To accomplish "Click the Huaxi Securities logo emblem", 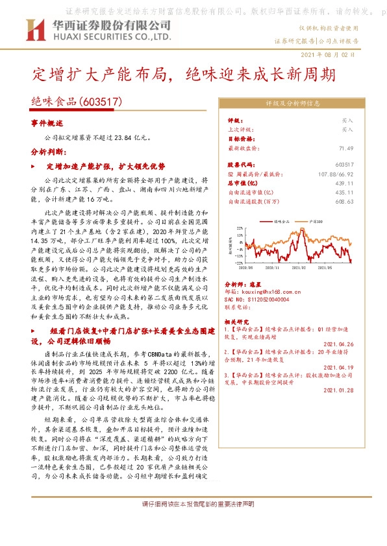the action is [32, 29].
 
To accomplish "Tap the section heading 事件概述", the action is [47, 123].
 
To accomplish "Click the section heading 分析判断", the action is [47, 151].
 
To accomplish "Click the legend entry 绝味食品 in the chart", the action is [282, 221].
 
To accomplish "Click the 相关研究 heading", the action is [236, 321].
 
